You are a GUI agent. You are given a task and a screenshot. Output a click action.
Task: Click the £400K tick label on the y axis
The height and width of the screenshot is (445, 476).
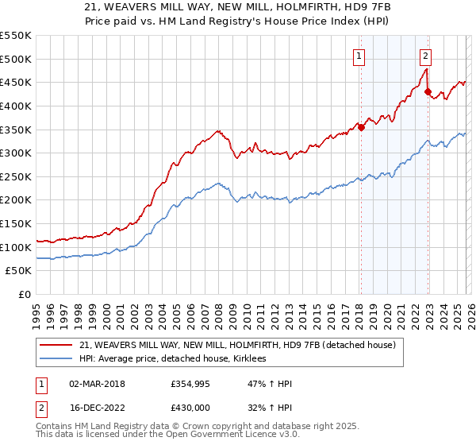(16, 106)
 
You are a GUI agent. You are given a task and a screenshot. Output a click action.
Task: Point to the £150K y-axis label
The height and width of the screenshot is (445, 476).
(16, 224)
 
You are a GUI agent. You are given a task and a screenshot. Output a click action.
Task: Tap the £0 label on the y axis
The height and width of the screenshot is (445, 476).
(25, 295)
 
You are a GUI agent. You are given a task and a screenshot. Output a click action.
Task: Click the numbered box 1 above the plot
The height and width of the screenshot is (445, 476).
(359, 56)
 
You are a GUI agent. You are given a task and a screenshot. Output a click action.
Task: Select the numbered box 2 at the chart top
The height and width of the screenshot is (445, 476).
(426, 56)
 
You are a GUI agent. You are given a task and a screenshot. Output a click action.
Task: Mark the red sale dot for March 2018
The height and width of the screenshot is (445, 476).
(361, 126)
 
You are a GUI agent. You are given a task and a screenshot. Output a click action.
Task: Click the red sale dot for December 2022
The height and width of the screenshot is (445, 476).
(428, 92)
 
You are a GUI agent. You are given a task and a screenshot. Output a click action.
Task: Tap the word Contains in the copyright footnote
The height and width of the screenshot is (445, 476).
(56, 428)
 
